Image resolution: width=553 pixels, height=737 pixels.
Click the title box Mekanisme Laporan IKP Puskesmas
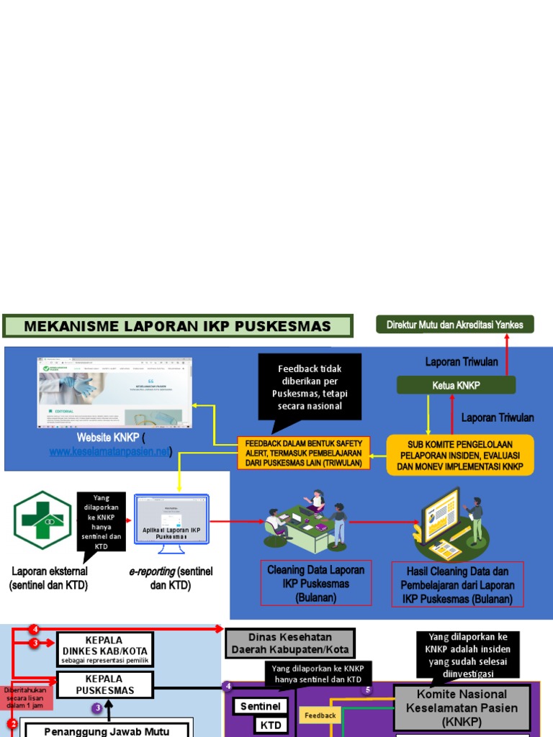(x=177, y=326)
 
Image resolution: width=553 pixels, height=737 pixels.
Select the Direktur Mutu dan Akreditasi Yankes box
(x=455, y=325)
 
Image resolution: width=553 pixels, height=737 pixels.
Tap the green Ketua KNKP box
(x=456, y=385)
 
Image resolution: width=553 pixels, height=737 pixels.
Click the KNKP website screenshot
(x=115, y=392)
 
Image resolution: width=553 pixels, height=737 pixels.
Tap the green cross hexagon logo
(x=42, y=520)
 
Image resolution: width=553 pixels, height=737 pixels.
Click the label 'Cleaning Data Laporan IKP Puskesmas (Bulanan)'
(x=316, y=584)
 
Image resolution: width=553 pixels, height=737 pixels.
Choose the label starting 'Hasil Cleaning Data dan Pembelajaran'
(x=457, y=584)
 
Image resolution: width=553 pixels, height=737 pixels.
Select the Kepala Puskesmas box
(x=104, y=684)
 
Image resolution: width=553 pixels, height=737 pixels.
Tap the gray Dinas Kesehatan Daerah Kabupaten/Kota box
(x=290, y=643)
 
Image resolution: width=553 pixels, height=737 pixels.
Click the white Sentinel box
(x=261, y=706)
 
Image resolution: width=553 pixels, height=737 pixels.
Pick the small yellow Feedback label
(x=320, y=715)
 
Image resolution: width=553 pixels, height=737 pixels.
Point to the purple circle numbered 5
(x=367, y=689)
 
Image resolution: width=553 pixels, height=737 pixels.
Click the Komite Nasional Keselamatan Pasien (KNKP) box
(x=462, y=707)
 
